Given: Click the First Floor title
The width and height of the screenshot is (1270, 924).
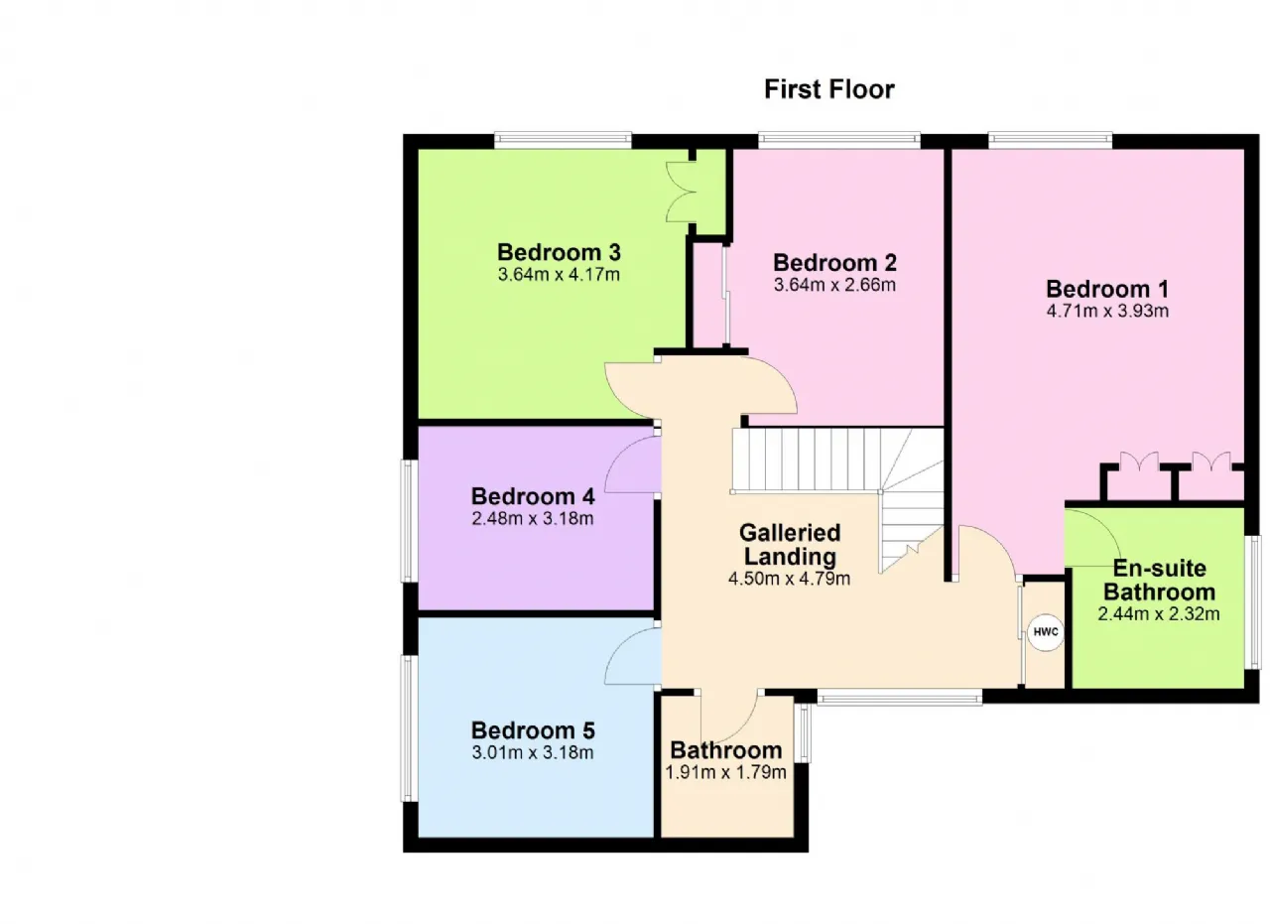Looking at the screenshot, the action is pos(828,89).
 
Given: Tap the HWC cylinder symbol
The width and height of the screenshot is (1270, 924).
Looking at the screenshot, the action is pos(1046,632).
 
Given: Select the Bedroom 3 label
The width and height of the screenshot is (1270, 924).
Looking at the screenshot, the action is pos(559,252).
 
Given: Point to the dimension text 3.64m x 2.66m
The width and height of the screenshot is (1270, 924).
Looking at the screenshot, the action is pos(834,285).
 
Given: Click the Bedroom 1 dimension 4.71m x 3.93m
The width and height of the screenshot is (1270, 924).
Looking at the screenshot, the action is pos(1107,311).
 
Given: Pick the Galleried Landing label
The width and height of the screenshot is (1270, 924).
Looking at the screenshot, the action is pos(790,545).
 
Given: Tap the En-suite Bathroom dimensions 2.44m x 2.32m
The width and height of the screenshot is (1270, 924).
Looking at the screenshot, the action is pos(1158,613).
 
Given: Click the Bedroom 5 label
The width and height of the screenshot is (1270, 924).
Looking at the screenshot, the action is pos(533,730).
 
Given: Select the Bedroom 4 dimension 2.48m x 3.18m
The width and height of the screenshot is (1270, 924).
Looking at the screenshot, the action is pos(533,518).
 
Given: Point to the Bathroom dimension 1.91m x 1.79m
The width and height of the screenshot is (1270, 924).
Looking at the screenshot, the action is pos(725,772).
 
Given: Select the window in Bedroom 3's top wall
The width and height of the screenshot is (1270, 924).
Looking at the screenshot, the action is pos(563,140).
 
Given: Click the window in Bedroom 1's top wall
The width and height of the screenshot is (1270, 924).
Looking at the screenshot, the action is pos(1050,140).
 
